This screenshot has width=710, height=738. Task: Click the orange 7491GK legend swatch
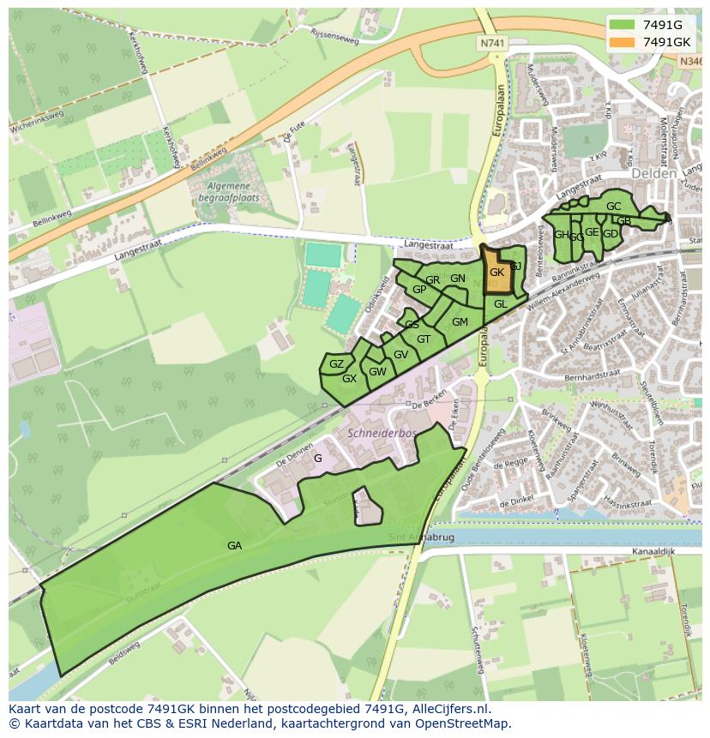pyautogui.click(x=622, y=42)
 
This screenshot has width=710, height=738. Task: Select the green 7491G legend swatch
pyautogui.click(x=622, y=26)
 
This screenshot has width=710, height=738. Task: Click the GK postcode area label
pyautogui.click(x=496, y=273)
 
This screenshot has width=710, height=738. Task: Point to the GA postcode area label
pyautogui.click(x=234, y=545)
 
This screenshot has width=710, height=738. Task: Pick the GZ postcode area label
pyautogui.click(x=336, y=364)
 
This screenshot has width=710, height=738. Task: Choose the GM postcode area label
pyautogui.click(x=460, y=322)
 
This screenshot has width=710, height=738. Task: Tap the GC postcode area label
pyautogui.click(x=613, y=207)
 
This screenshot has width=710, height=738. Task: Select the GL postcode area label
pyautogui.click(x=501, y=304)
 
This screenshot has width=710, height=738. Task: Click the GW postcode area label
pyautogui.click(x=378, y=372)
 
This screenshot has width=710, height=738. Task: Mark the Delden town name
pyautogui.click(x=654, y=173)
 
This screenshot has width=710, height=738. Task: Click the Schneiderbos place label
pyautogui.click(x=382, y=434)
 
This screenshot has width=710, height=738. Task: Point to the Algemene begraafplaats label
pyautogui.click(x=226, y=191)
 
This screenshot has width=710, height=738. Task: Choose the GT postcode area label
pyautogui.click(x=424, y=339)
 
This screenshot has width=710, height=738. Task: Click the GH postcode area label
pyautogui.click(x=561, y=235)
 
